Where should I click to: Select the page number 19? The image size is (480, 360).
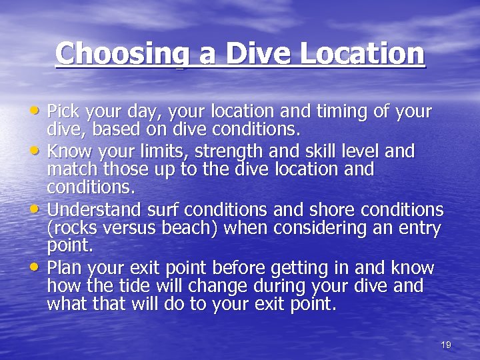click(x=446, y=345)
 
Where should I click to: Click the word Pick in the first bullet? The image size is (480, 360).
click(x=62, y=111)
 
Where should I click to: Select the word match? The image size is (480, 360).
click(x=69, y=169)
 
